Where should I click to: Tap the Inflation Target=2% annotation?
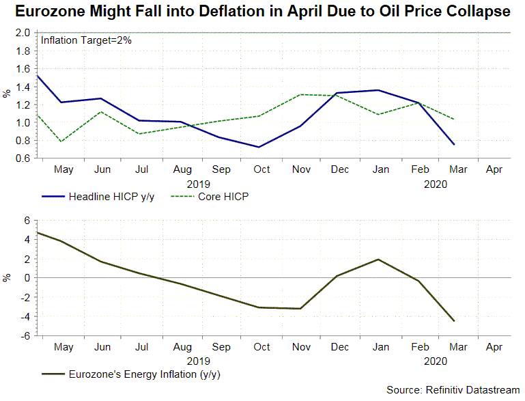click(x=87, y=40)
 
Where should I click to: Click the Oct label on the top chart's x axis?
click(x=261, y=169)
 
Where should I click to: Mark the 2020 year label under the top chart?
click(x=435, y=183)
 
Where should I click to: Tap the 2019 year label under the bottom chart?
click(x=198, y=360)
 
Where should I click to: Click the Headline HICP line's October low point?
click(x=259, y=147)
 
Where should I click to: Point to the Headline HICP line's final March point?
click(x=453, y=144)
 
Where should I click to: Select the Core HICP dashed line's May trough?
click(x=61, y=141)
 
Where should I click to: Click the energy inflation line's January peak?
click(x=378, y=260)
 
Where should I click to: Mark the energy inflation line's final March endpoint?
click(x=453, y=320)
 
